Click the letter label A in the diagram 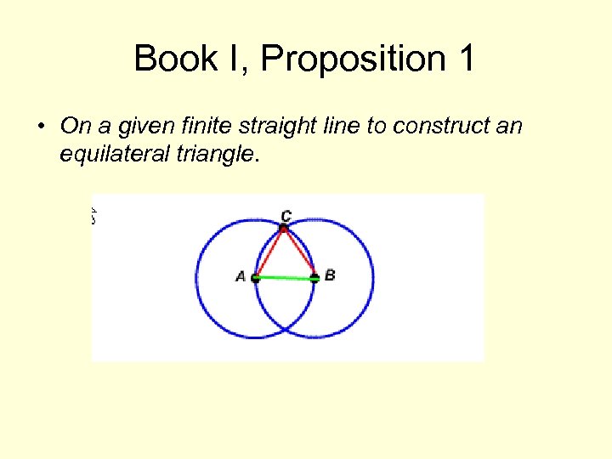click(x=241, y=276)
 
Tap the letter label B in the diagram click(x=330, y=275)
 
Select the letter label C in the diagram click(x=286, y=216)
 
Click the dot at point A click(x=256, y=278)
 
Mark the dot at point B click(x=314, y=278)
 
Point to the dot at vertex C click(x=284, y=229)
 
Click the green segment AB click(x=285, y=278)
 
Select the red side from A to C click(x=269, y=253)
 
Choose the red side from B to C click(x=299, y=253)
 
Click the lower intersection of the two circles click(x=285, y=327)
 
